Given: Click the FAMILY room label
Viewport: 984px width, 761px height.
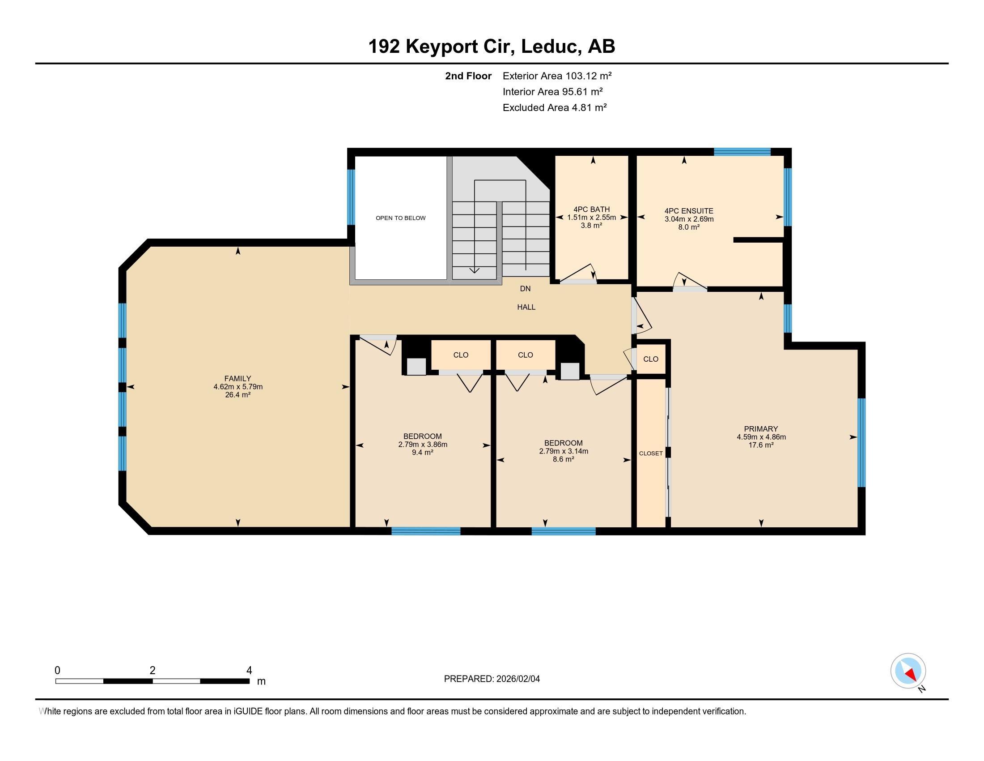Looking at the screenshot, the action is [x=238, y=379].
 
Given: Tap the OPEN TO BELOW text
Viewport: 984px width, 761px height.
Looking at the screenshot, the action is [x=401, y=218].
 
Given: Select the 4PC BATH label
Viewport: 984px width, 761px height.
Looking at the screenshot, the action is [x=592, y=209].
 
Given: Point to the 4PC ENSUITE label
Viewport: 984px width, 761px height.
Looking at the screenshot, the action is [x=689, y=211].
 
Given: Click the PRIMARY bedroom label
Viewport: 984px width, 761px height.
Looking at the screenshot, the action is [x=761, y=429].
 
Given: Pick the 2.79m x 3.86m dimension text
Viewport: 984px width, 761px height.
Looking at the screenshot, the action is [x=423, y=444].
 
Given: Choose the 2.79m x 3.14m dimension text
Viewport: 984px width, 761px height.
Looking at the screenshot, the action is [x=564, y=451].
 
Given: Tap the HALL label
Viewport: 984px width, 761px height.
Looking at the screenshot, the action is [x=526, y=307].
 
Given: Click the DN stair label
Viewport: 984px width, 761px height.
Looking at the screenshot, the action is [x=526, y=289].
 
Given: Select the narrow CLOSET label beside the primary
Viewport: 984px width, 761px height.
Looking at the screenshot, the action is [x=651, y=453].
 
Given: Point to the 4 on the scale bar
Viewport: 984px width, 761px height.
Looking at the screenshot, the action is [x=249, y=671].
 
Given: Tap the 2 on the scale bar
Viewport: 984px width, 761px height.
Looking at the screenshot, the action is [x=153, y=671].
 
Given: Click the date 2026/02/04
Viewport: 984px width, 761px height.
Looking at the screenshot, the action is [x=517, y=679].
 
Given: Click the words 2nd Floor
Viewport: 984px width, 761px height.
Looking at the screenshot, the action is [x=468, y=76].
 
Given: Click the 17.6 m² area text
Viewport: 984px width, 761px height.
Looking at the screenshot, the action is [x=761, y=445].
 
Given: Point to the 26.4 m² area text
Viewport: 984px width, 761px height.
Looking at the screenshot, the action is [x=238, y=394].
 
